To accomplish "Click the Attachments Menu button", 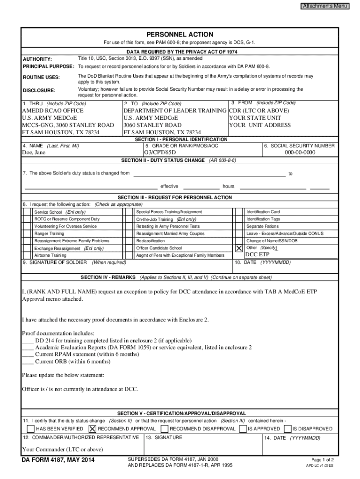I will click(324, 6).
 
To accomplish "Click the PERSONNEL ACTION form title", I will click(180, 35).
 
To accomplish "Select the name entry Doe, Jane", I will click(34, 152).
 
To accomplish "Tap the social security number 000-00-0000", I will click(300, 152).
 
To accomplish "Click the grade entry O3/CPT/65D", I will click(160, 152).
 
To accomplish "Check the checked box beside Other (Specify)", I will click(239, 248).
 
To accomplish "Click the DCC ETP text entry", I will click(257, 254).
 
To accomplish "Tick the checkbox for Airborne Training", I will click(26, 255).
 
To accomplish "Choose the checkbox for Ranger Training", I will click(26, 233).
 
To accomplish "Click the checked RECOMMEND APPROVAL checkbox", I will click(92, 429).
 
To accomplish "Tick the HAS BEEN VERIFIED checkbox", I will click(30, 429).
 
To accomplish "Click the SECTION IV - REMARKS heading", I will click(109, 277).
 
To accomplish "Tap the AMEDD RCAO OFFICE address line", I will click(53, 111).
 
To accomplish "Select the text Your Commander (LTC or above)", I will click(62, 450).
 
